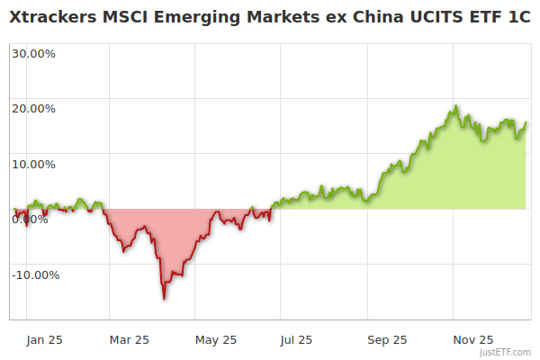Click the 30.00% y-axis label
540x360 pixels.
(x=33, y=53)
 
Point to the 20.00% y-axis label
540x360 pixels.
(x=33, y=109)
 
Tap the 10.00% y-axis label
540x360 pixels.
(x=33, y=165)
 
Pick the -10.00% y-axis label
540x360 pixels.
(x=35, y=275)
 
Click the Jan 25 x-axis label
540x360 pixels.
(x=45, y=340)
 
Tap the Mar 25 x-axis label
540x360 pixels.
(x=129, y=340)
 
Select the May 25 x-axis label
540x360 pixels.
(x=216, y=340)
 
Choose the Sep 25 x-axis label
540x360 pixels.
(x=386, y=340)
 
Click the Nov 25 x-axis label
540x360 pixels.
(x=473, y=340)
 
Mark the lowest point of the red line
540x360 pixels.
(x=164, y=298)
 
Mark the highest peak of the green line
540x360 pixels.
(x=456, y=106)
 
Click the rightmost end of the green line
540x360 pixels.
(x=526, y=122)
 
